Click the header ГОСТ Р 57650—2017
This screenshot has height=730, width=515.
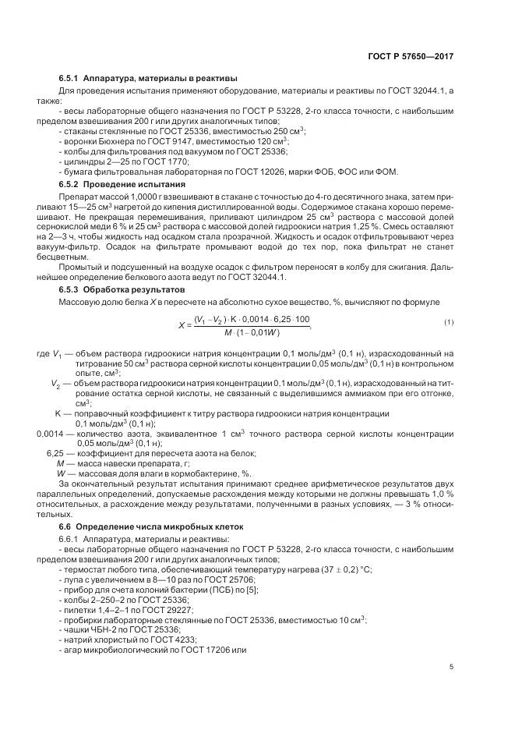pyautogui.click(x=411, y=56)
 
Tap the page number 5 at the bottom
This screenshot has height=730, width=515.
pyautogui.click(x=452, y=666)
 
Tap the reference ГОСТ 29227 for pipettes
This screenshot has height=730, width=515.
pyautogui.click(x=168, y=609)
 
